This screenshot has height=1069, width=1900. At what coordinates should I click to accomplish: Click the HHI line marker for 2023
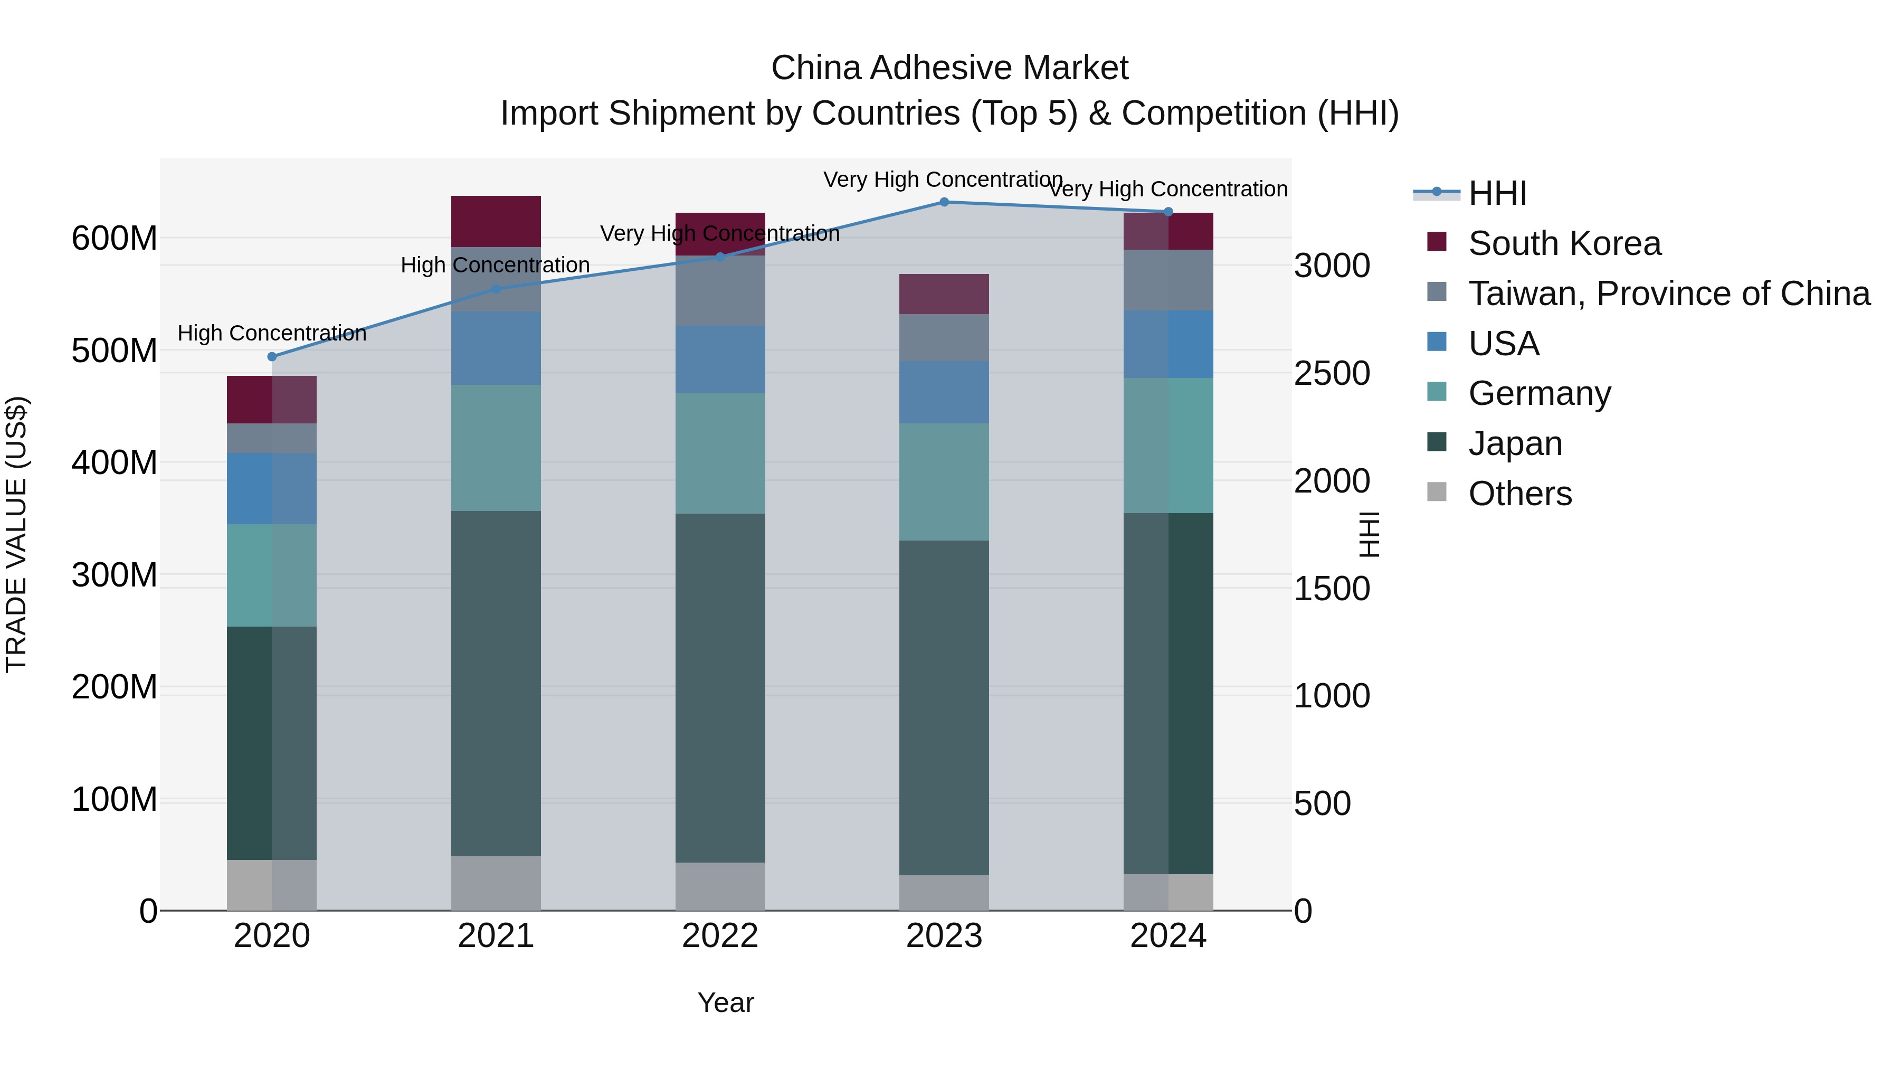tap(944, 202)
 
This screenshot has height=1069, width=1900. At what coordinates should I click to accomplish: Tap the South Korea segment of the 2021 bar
tap(496, 221)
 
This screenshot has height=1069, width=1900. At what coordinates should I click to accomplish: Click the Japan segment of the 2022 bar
tap(720, 687)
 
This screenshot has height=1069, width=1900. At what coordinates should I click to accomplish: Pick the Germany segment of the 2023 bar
tap(944, 482)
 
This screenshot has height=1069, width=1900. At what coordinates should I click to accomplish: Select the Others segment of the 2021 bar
tap(496, 883)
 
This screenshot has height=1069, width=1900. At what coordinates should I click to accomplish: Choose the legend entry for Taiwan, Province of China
tap(1668, 294)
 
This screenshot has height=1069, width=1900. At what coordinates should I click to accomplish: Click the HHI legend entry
tap(1497, 193)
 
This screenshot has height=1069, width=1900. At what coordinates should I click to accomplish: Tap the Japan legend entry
tap(1514, 443)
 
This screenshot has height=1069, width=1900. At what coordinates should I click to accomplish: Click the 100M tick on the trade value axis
tap(115, 800)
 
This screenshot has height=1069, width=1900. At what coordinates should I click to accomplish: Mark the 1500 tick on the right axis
tap(1332, 589)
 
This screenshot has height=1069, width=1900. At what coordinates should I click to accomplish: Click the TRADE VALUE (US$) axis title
tap(17, 534)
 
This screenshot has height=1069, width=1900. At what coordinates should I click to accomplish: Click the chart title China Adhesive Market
tap(949, 68)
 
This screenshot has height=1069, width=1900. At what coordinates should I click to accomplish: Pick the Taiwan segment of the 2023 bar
tap(944, 338)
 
